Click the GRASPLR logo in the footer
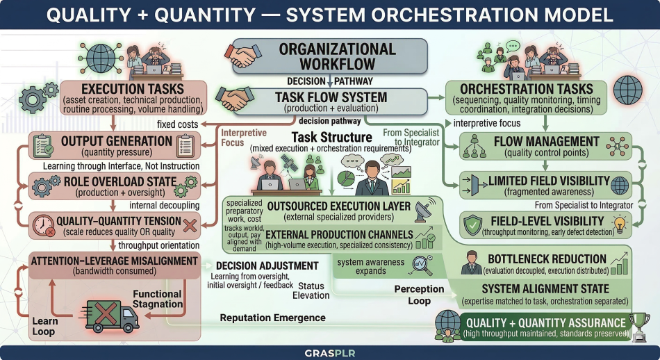(329, 353)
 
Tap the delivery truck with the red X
(110, 316)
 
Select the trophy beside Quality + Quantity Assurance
(638, 327)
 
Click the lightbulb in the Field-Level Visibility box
(619, 224)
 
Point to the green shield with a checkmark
(472, 225)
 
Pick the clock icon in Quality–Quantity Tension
(44, 226)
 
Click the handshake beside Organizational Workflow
(243, 56)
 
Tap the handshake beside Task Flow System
(234, 99)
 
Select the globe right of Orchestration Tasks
(627, 90)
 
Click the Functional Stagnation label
(158, 299)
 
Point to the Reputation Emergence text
(273, 318)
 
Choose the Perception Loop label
(419, 295)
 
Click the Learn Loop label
(45, 327)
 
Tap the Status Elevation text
(311, 291)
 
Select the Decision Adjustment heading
(267, 265)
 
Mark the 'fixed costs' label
(177, 124)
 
